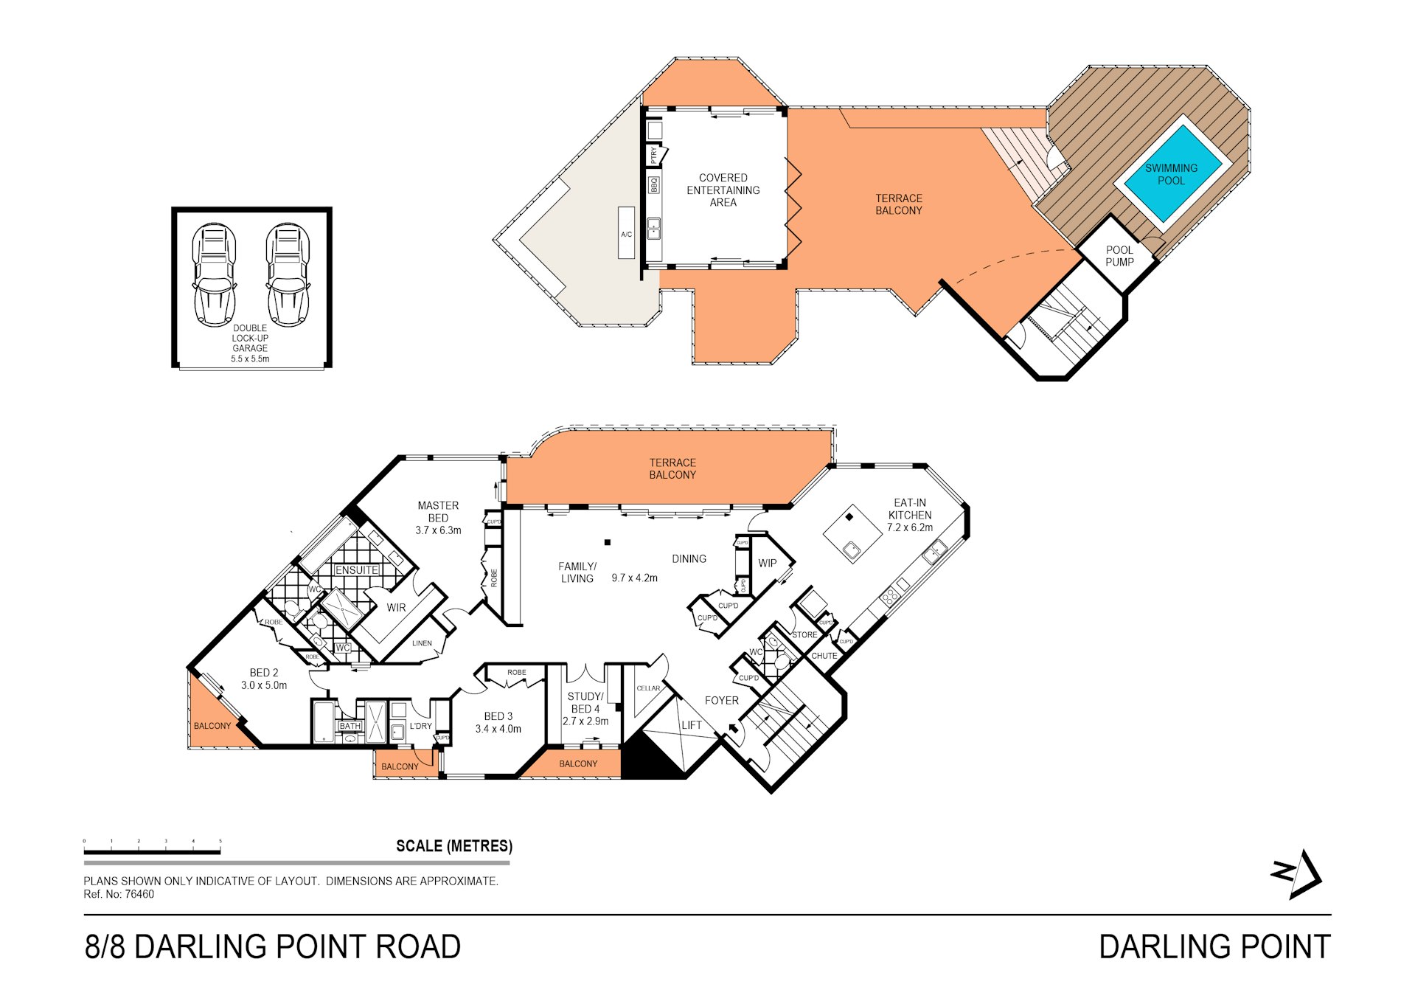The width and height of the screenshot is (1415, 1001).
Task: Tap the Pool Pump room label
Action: pos(1119,256)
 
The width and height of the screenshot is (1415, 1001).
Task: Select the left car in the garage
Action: pos(214,274)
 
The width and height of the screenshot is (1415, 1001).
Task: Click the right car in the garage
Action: pos(288,274)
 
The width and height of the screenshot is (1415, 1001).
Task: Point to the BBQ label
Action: pos(653,184)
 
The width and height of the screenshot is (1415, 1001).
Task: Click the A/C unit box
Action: pos(626,233)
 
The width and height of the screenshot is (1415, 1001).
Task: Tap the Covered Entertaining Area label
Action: pos(723,190)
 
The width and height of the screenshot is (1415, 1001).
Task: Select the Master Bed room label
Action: pos(438,517)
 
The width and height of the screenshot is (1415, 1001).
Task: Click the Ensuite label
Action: pos(357,570)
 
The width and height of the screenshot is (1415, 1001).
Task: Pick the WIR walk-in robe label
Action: pos(396,608)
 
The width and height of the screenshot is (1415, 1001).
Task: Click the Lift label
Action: pos(692,725)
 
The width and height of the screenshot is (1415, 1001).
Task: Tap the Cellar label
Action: pos(648,688)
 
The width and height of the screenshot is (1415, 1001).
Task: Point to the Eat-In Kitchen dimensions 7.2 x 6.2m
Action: pos(909,528)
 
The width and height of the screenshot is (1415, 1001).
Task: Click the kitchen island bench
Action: pos(852,534)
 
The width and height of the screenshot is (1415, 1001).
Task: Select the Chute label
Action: pos(824,656)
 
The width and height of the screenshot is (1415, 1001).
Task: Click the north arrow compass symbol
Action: pos(1297,874)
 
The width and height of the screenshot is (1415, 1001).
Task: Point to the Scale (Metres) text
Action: pos(454,846)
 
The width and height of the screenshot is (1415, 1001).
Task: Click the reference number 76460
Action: pos(139,894)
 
